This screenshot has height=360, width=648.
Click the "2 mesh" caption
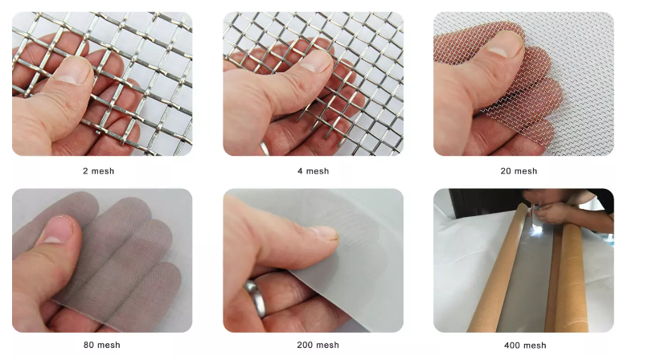(98, 171)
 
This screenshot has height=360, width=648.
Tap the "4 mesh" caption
(314, 171)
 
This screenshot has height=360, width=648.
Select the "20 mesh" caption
(519, 171)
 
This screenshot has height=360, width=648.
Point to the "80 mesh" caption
(101, 345)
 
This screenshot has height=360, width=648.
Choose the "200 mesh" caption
(318, 345)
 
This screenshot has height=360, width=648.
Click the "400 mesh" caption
(525, 346)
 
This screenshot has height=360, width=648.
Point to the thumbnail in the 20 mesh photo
(503, 44)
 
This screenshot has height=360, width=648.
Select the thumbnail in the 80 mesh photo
(58, 230)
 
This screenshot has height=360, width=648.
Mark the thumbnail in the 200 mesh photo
(324, 233)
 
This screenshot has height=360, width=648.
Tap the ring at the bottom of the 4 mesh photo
(265, 148)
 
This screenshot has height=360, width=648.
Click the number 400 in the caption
(512, 346)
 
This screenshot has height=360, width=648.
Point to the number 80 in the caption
(89, 345)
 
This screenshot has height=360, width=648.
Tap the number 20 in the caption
(507, 171)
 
